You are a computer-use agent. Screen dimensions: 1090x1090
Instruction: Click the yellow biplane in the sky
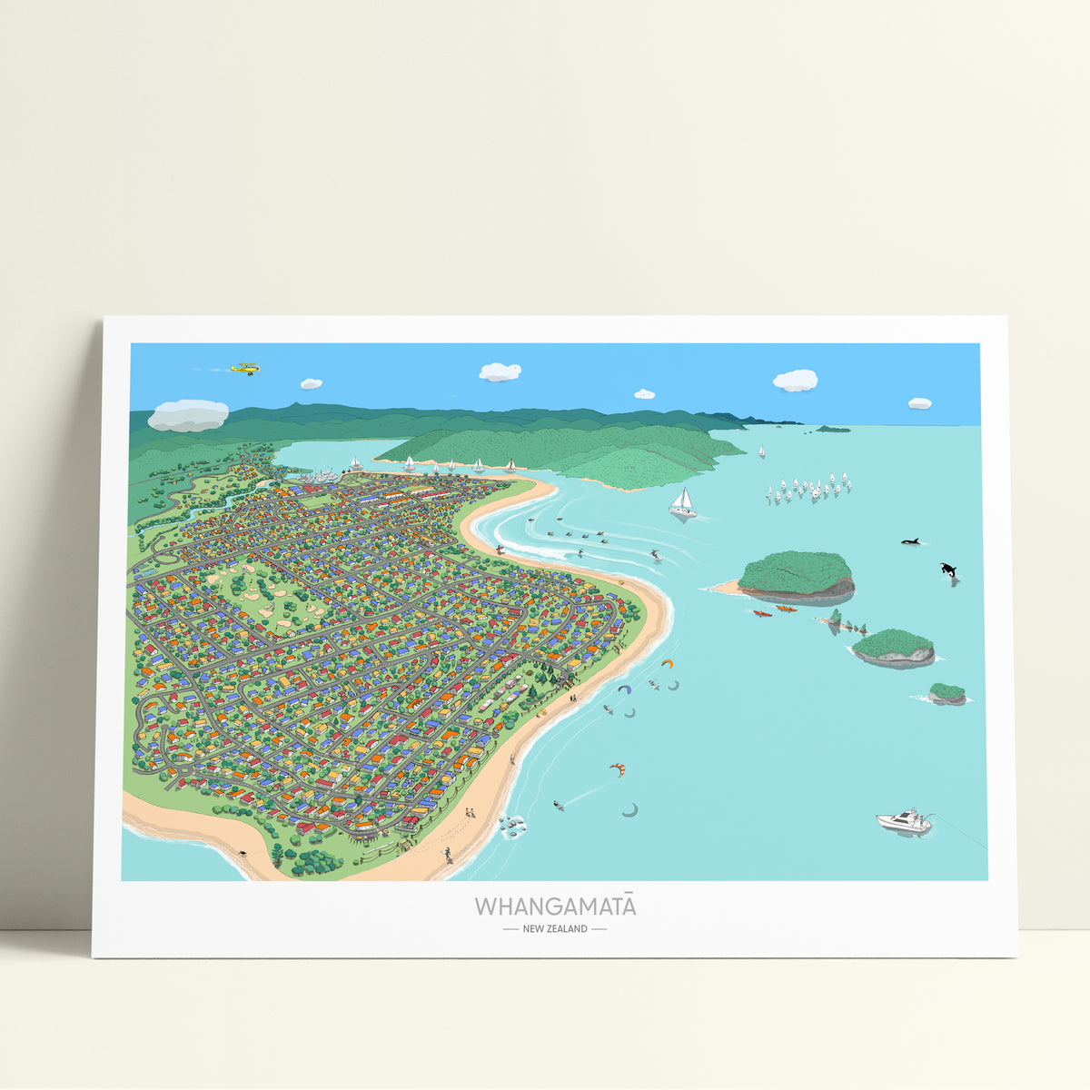(244, 368)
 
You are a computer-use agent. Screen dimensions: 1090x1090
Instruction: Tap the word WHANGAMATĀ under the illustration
(555, 907)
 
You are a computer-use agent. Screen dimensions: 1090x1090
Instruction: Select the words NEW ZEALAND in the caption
(555, 928)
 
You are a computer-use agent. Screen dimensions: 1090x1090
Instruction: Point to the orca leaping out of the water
(948, 570)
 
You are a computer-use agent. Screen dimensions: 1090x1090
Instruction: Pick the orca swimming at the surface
(911, 542)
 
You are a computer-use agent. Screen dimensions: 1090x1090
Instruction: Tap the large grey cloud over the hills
(188, 415)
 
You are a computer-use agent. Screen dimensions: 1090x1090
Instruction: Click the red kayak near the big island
(762, 613)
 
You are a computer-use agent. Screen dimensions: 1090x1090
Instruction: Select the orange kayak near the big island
(786, 608)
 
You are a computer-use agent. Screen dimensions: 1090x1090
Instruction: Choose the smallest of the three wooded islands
(947, 693)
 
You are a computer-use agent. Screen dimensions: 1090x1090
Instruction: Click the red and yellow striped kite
(618, 769)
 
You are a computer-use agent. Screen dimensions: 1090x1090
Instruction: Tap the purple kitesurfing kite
(624, 689)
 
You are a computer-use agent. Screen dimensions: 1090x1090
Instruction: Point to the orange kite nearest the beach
(669, 663)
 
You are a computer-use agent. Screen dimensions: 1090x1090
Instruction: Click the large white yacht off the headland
(683, 504)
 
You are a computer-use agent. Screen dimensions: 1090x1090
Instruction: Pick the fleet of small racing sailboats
(808, 489)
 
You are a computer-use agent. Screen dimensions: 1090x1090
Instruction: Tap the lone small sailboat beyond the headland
(761, 450)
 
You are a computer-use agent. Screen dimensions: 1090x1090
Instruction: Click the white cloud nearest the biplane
(312, 383)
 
